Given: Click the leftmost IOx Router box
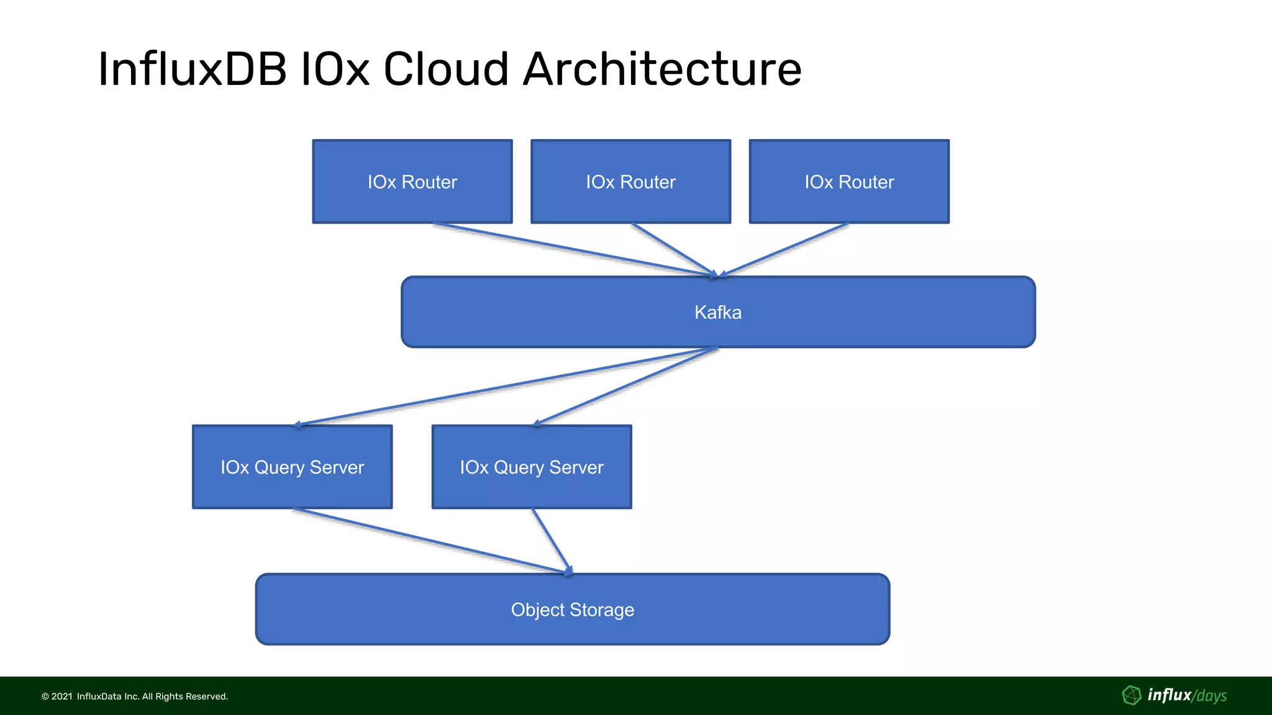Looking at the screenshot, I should click(x=412, y=181).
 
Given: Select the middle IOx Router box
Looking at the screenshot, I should click(x=630, y=181).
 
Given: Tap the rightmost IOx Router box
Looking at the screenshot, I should click(x=849, y=181).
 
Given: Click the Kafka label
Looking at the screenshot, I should click(x=718, y=312).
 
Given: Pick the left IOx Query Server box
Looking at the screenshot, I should click(x=292, y=467).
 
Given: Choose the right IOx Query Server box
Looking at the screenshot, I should click(x=532, y=467).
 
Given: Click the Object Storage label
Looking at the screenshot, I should click(x=572, y=609).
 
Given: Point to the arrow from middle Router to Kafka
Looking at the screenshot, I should click(x=674, y=250).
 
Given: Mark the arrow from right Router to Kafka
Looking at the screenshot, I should click(x=784, y=249).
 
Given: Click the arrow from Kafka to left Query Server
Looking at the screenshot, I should click(x=506, y=387).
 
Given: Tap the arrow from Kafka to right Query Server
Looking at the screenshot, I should click(x=625, y=387).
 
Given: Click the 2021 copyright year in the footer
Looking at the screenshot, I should click(x=62, y=696).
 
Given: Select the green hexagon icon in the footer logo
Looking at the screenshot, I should click(x=1132, y=695).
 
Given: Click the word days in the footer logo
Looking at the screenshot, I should click(x=1211, y=696).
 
